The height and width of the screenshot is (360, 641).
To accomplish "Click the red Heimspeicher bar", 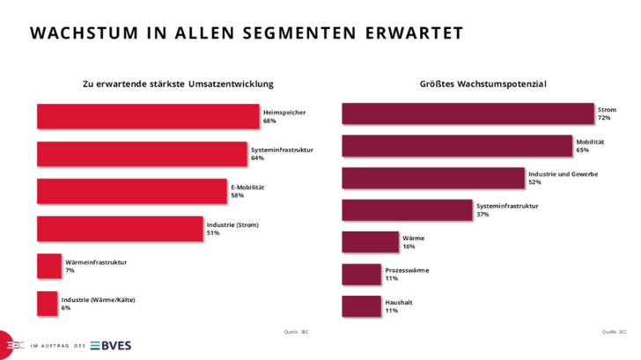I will click(x=148, y=116).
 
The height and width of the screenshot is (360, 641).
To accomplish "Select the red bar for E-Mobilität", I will click(x=132, y=191).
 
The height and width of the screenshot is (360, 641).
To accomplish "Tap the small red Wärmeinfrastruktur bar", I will click(x=48, y=266).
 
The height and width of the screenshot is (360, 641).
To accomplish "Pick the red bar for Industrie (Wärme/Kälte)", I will click(x=47, y=304).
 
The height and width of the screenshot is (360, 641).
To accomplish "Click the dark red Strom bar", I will click(x=468, y=114).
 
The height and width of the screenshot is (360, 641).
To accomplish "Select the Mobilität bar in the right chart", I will click(x=457, y=146).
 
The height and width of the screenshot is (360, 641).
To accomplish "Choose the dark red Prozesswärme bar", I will click(x=361, y=274).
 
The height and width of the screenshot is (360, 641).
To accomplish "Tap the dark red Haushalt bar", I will click(x=361, y=305).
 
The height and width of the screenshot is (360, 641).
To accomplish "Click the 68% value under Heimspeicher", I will click(x=269, y=121).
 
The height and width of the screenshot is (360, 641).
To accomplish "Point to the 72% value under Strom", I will click(x=604, y=118).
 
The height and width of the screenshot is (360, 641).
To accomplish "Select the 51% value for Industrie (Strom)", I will click(x=212, y=234).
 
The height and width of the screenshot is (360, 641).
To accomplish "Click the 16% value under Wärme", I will click(x=408, y=247).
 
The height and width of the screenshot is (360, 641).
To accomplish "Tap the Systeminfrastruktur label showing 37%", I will click(x=506, y=206).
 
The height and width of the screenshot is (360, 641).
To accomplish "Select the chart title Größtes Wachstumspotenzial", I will click(x=483, y=84).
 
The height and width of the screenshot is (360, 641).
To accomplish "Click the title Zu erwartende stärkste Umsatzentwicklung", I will click(x=178, y=84).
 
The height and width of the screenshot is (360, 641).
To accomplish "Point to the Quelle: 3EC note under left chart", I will click(x=296, y=332).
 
